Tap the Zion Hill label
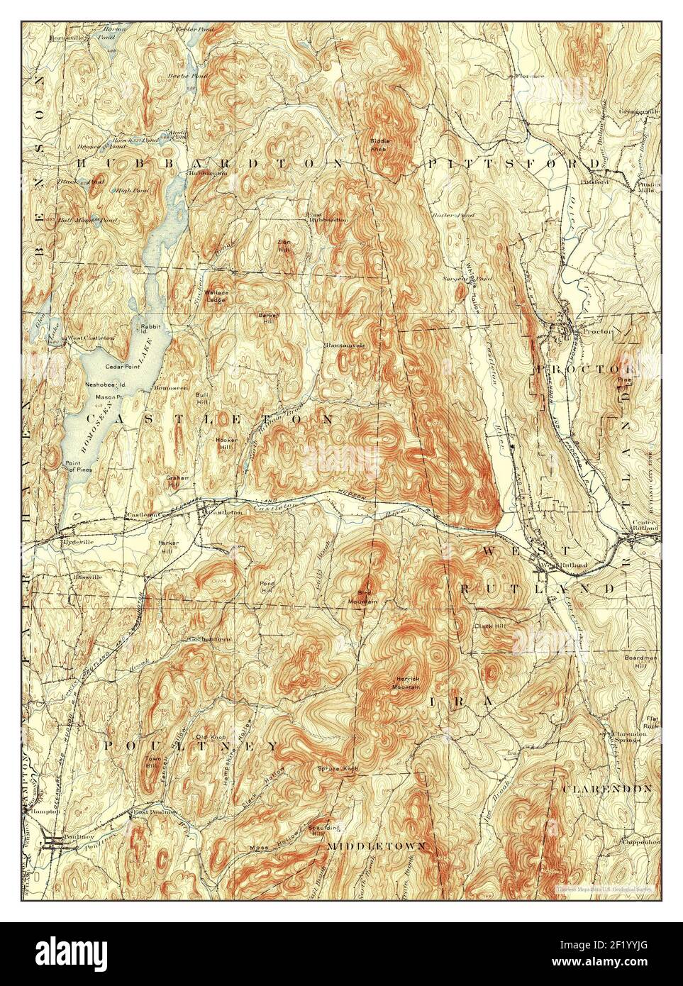284,245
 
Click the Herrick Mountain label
406,684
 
